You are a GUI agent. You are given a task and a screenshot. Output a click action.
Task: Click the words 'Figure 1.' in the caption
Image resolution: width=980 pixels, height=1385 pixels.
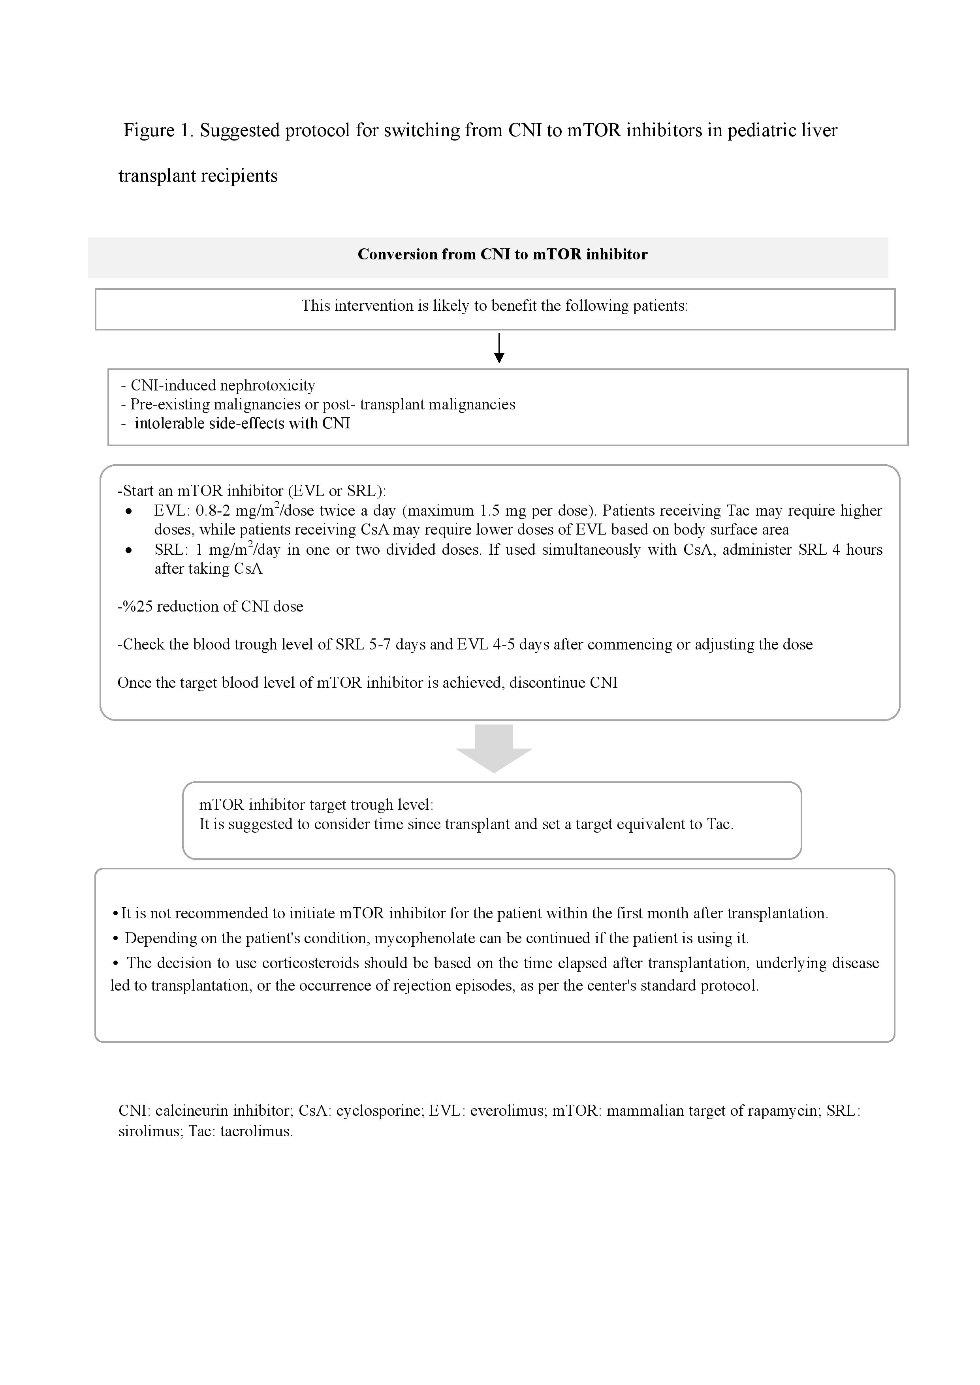point(158,130)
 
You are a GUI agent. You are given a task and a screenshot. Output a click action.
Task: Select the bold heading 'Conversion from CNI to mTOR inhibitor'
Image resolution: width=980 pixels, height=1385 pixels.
point(502,254)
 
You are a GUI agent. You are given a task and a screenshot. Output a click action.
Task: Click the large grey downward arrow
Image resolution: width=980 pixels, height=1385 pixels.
point(494,749)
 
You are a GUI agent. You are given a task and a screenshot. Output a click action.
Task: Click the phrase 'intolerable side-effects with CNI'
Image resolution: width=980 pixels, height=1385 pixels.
point(242,424)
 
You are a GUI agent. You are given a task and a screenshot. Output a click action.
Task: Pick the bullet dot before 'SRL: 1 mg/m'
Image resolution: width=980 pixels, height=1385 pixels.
point(128,550)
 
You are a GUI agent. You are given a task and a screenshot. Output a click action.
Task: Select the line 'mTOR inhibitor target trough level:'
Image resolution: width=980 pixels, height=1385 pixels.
point(316,805)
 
